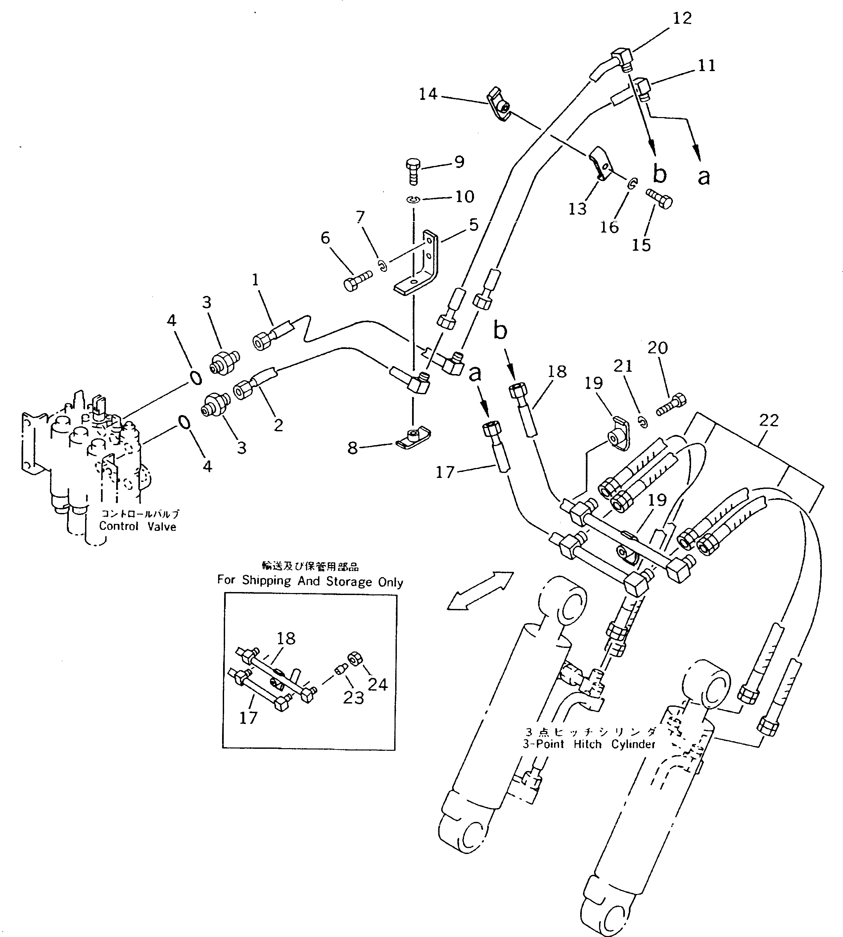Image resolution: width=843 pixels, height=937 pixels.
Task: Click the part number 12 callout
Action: [682, 19]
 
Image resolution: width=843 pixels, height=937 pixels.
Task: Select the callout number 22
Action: [769, 420]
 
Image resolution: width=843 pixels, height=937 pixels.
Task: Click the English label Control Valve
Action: [138, 526]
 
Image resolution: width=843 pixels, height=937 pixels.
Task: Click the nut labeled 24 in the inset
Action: [355, 658]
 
